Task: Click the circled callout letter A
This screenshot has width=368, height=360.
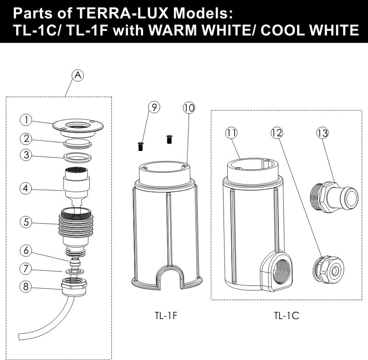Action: tap(78, 75)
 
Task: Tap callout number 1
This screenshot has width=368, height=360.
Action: tap(26, 120)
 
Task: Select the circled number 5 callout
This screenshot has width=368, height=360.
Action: tap(26, 222)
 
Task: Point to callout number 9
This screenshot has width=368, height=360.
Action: tap(154, 107)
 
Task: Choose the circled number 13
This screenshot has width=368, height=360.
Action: tap(322, 133)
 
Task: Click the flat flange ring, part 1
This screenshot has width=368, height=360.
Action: tap(78, 128)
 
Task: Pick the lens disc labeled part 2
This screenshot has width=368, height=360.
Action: tap(78, 144)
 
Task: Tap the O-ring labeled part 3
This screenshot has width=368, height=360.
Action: tap(78, 157)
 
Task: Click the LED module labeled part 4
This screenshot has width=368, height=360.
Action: tap(76, 186)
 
